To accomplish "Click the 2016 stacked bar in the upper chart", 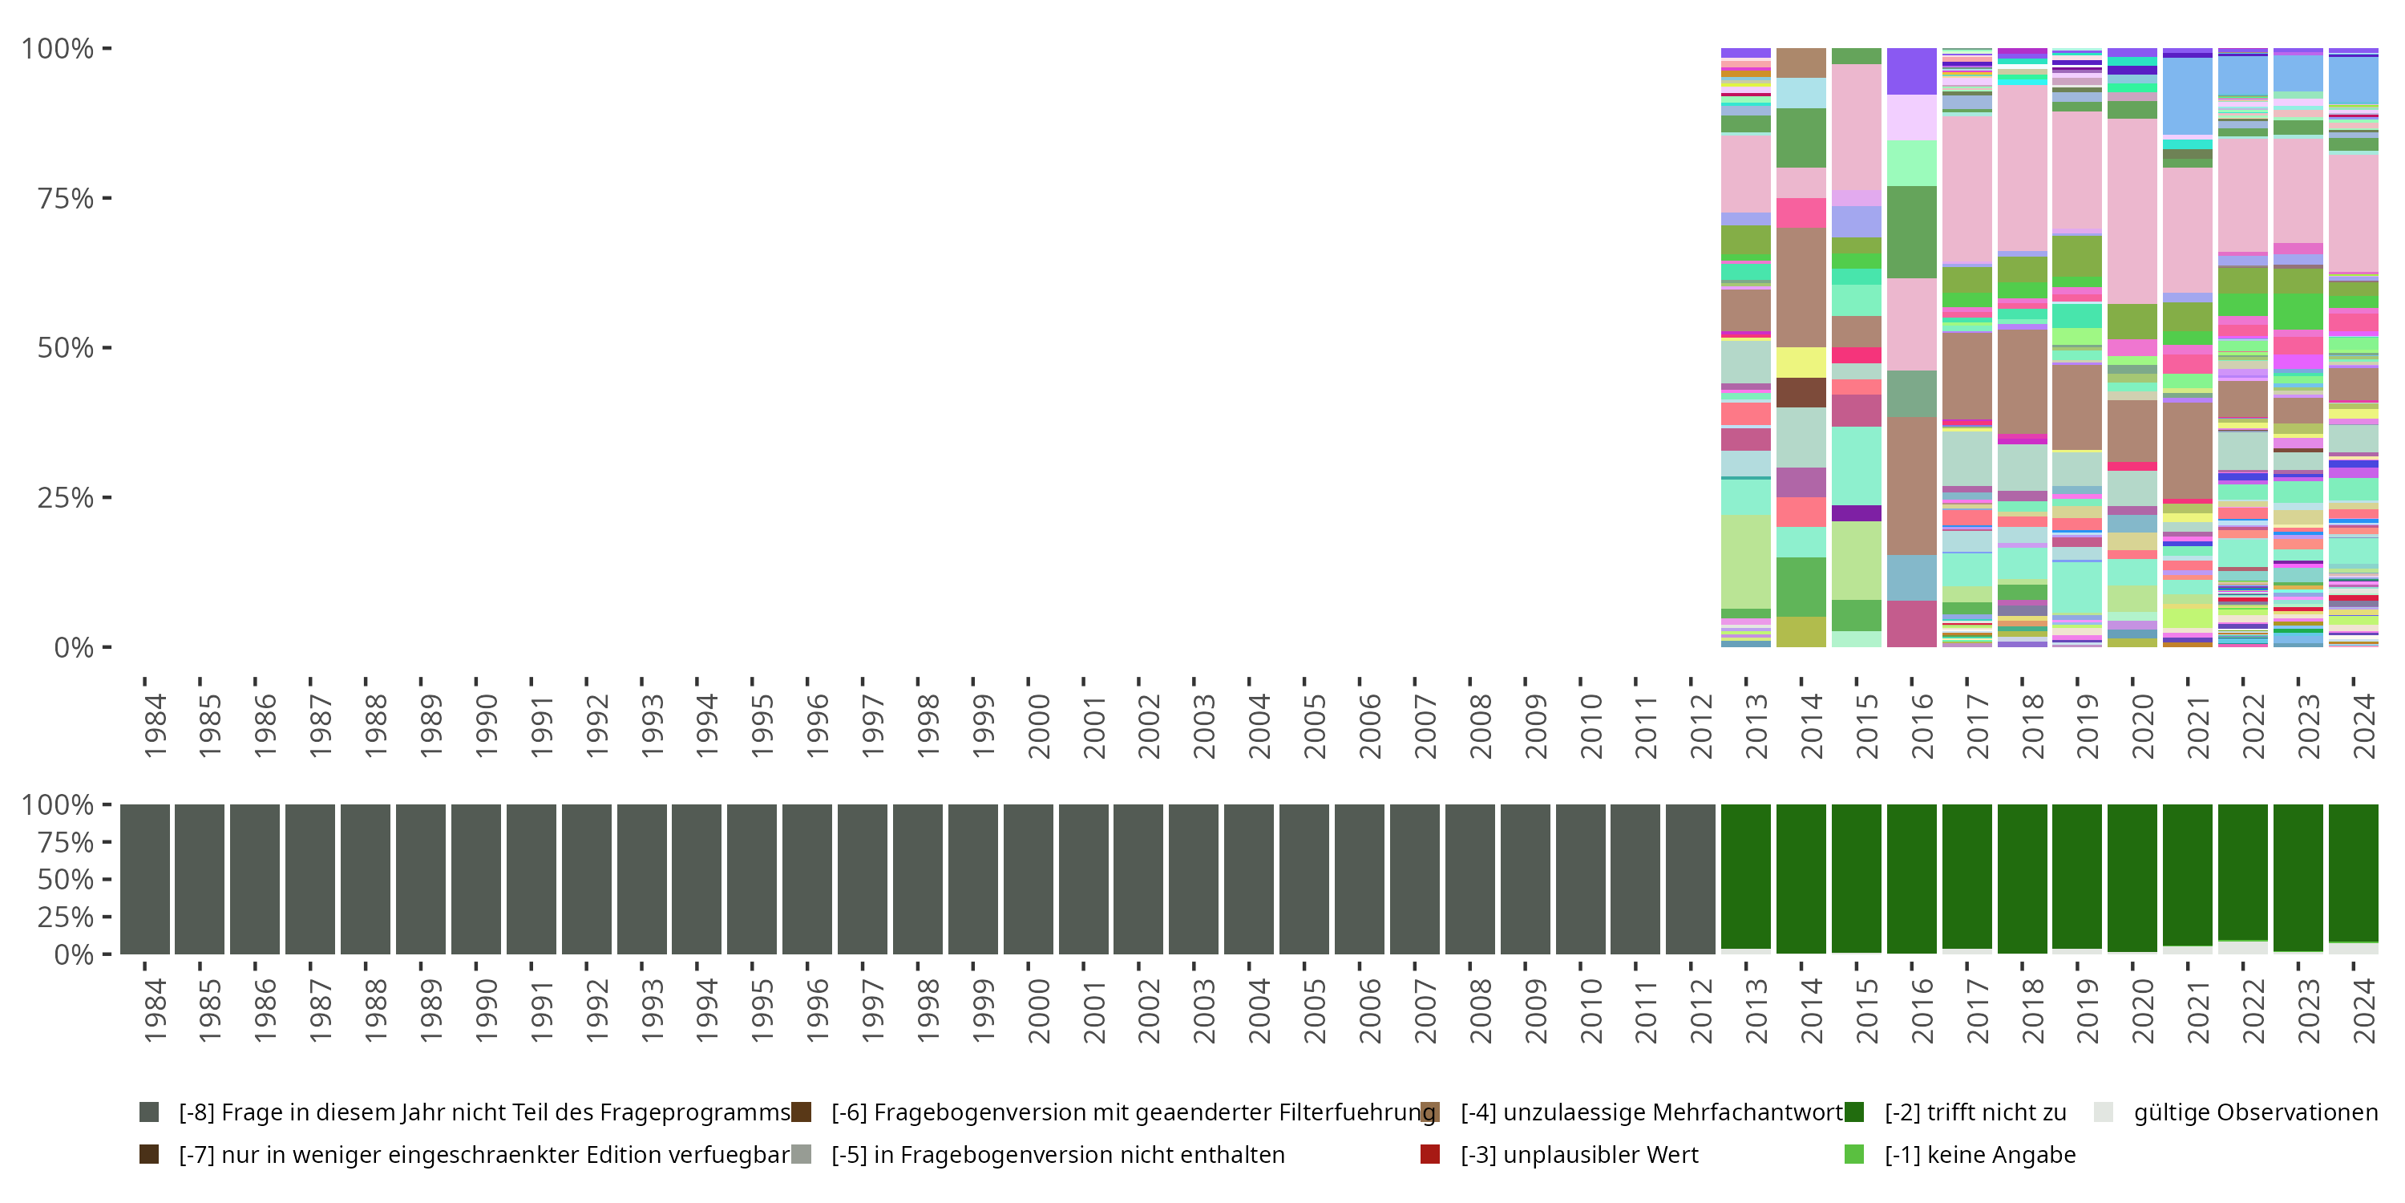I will (x=1911, y=374).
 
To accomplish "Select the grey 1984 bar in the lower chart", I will (x=145, y=878).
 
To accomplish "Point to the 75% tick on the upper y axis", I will (x=107, y=198).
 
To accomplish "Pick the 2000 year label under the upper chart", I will (x=1038, y=727).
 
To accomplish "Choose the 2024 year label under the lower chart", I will (x=2363, y=1011).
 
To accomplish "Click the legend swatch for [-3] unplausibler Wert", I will (x=1429, y=1154).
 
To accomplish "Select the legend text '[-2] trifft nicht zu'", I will (x=1975, y=1112).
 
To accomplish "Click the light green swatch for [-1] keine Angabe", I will (x=1854, y=1154).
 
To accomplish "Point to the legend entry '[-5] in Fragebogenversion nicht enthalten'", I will (x=1057, y=1154).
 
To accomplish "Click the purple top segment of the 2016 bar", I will (x=1911, y=71).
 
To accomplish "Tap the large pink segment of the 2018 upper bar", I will (x=2023, y=168).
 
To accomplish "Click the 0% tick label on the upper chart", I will (x=73, y=647).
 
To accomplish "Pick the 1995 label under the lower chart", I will (x=762, y=1011).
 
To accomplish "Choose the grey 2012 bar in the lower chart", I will (x=1690, y=878).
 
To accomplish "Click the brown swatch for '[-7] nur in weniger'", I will (x=148, y=1154).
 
